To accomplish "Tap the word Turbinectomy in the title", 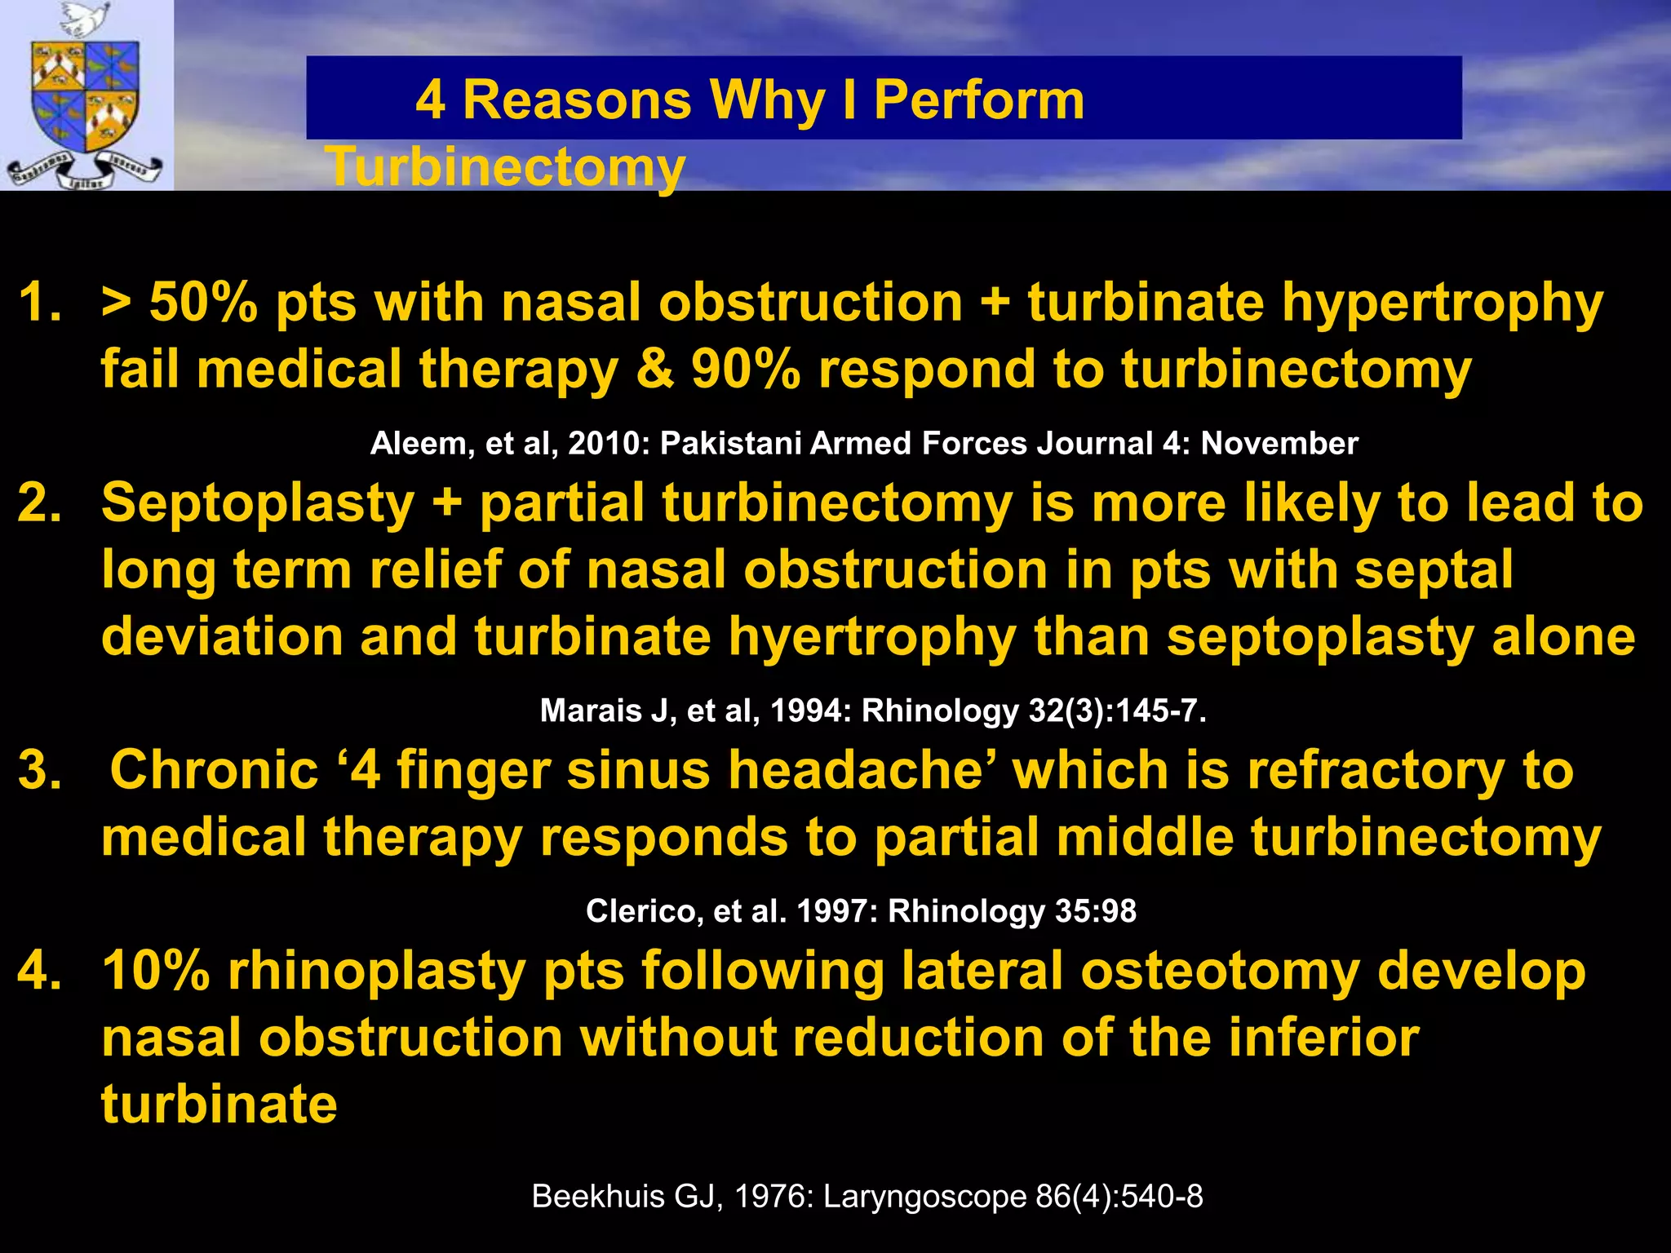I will coord(505,167).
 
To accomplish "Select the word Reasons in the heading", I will coord(577,100).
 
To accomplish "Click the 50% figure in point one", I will coord(203,302).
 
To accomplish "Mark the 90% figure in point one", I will coord(745,369).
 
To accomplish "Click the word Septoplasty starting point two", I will coord(258,503).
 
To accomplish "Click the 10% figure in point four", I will coord(156,970).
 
